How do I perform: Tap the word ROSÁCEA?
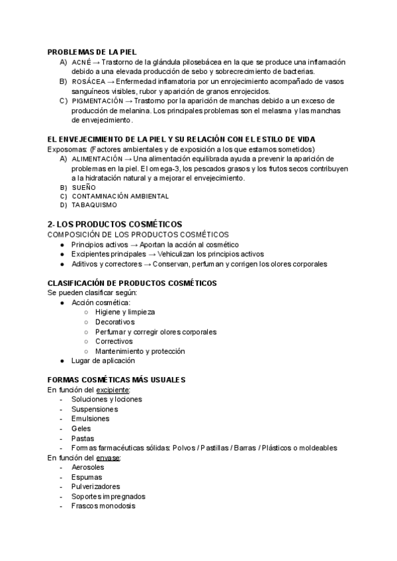pyautogui.click(x=87, y=81)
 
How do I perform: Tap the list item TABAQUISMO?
pyautogui.click(x=92, y=205)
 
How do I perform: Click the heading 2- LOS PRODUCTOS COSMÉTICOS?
pyautogui.click(x=115, y=224)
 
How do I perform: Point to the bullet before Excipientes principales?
pyautogui.click(x=62, y=254)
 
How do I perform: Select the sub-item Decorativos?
pyautogui.click(x=114, y=322)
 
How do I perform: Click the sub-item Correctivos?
pyautogui.click(x=114, y=341)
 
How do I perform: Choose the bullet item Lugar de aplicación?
pyautogui.click(x=103, y=361)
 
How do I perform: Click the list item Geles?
pyautogui.click(x=81, y=428)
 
